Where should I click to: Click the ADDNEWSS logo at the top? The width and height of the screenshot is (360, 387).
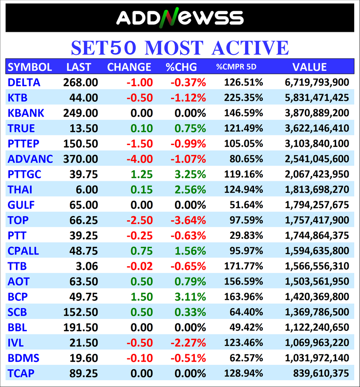click(180, 18)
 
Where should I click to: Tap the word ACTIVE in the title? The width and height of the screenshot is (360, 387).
click(250, 48)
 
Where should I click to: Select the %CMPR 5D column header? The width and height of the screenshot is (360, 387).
click(236, 67)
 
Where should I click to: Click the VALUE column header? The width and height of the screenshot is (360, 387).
click(310, 67)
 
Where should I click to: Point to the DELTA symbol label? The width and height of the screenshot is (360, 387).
click(24, 82)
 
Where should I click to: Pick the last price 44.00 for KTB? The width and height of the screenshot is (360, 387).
click(83, 98)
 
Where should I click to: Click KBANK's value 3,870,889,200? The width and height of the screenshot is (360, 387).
click(317, 113)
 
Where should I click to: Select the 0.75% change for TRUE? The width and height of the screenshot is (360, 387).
click(190, 128)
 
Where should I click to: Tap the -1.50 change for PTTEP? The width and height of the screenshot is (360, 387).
click(140, 144)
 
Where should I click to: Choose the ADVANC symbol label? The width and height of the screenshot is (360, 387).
click(30, 159)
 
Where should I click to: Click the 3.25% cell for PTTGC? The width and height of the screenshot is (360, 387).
click(190, 174)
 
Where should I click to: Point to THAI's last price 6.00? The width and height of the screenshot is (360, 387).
click(87, 190)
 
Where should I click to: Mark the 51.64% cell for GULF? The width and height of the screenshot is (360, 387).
click(246, 205)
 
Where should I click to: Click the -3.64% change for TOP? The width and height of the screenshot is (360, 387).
click(188, 220)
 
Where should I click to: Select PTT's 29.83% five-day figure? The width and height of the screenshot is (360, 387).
click(246, 235)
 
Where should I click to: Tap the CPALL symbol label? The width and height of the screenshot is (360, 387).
click(23, 251)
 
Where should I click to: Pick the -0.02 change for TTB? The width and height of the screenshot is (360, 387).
click(140, 266)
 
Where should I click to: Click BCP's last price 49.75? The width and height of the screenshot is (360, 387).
click(83, 297)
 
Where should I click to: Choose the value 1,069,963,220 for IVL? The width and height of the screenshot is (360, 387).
click(317, 343)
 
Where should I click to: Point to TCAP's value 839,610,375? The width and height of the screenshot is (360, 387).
click(321, 373)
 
